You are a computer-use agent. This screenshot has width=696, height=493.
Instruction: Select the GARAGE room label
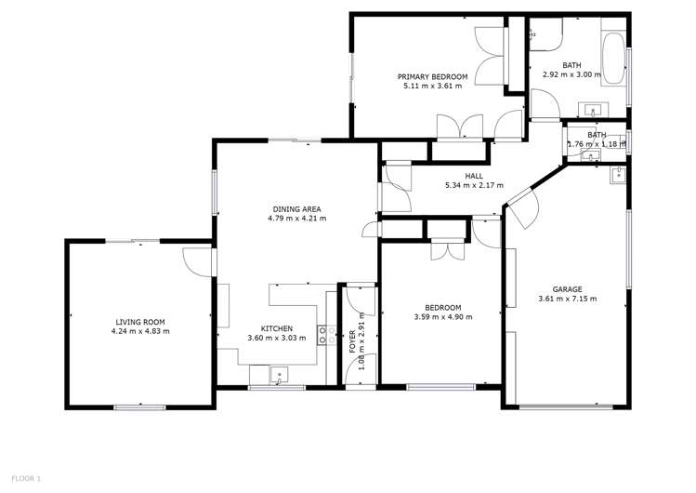pos(567,289)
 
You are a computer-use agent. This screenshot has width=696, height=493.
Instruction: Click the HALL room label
pos(474,175)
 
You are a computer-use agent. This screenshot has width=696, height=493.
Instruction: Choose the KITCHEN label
pos(277,328)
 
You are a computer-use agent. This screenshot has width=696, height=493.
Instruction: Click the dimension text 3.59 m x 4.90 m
pos(443,317)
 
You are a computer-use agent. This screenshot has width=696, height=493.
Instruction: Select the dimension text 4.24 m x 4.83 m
pos(139,331)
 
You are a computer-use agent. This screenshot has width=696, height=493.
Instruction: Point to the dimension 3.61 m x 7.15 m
pos(567,299)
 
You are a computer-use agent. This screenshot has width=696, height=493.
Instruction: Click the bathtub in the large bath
pos(614,57)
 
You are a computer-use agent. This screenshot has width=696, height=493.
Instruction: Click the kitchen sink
pos(279,376)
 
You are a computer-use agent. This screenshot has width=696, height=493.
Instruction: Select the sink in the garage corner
pos(617,174)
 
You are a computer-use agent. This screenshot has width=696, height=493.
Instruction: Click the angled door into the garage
pos(519,209)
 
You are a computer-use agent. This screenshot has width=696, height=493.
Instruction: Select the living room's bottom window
pos(139,406)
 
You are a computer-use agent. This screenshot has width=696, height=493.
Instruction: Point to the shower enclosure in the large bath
pos(545,35)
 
